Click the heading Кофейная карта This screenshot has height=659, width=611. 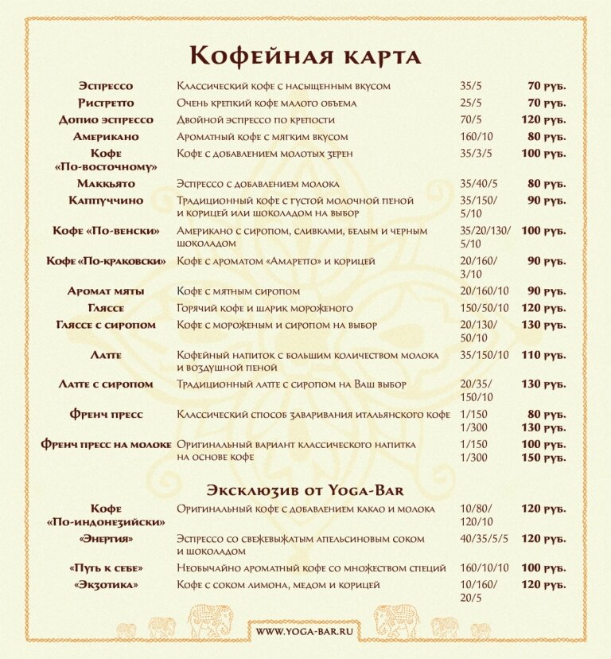(305, 56)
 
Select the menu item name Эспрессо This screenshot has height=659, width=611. (106, 86)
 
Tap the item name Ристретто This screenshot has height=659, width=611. (106, 103)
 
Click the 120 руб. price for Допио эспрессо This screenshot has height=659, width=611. (543, 120)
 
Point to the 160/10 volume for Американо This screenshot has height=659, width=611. (476, 137)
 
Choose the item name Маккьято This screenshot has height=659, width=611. (106, 184)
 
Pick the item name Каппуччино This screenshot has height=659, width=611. (106, 201)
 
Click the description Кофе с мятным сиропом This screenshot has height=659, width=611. (239, 291)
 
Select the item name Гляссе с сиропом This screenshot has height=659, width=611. (106, 326)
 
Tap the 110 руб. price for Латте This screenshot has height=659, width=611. (543, 355)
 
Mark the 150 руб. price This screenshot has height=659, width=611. (543, 458)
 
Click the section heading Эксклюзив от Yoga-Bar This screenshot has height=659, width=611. (305, 488)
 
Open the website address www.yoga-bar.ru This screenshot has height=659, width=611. (305, 631)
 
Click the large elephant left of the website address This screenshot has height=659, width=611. (212, 619)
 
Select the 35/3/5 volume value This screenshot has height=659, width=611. (476, 154)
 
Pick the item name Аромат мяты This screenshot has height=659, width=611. (106, 291)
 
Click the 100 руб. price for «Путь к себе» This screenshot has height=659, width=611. (543, 569)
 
